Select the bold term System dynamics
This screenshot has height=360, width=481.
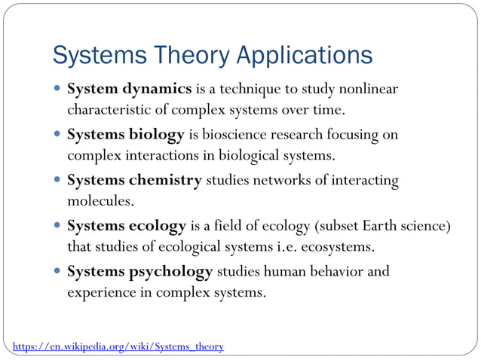click(130, 90)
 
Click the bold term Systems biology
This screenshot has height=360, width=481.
click(126, 135)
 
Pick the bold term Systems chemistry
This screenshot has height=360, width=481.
click(135, 180)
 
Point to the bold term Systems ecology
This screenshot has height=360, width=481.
click(127, 225)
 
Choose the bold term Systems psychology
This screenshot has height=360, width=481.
click(140, 270)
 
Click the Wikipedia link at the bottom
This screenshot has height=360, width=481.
click(118, 346)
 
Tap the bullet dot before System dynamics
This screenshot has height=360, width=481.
click(58, 90)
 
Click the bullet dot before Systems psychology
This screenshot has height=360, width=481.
click(58, 270)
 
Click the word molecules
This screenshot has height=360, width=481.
click(100, 201)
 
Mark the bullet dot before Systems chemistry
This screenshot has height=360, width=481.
click(58, 180)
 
